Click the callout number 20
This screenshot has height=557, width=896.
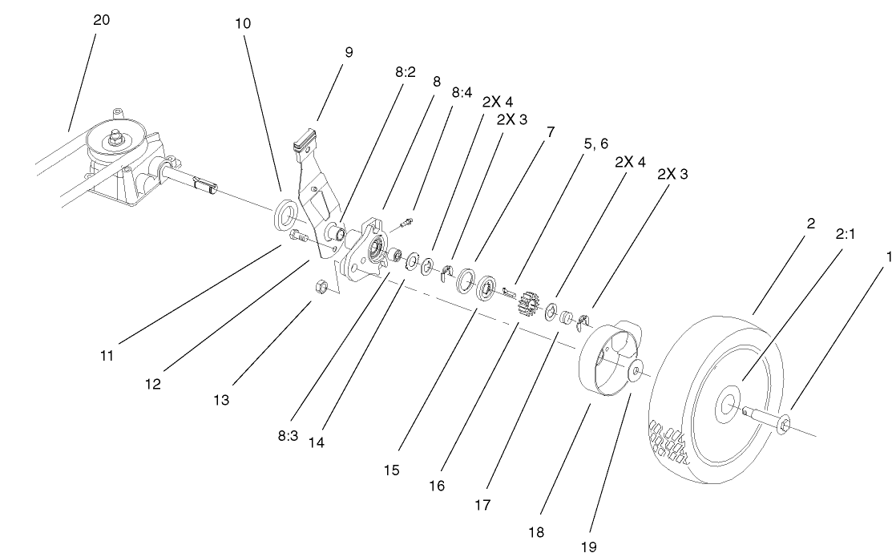pyautogui.click(x=102, y=20)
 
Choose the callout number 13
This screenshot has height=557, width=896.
pyautogui.click(x=222, y=399)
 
